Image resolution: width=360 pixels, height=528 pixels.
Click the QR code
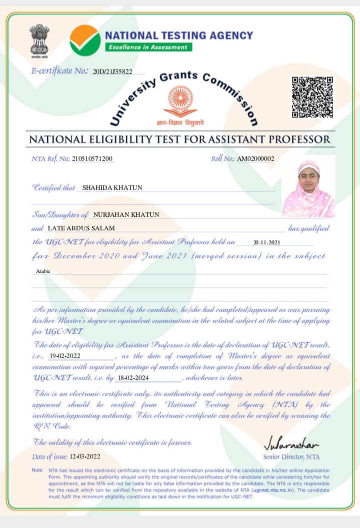[312, 97]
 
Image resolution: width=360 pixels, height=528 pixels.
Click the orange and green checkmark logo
[85, 40]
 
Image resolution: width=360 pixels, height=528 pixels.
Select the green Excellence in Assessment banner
[148, 47]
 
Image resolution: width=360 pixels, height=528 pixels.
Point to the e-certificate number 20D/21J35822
[112, 72]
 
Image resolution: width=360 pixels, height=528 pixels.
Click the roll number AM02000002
[255, 159]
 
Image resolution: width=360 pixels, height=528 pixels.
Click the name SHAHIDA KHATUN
[112, 188]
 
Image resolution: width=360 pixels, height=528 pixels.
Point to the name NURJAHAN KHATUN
[126, 215]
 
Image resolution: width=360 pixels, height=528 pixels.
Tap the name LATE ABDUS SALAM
[80, 228]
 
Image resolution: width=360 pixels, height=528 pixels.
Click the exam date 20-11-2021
[266, 242]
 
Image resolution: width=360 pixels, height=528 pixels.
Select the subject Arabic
[43, 271]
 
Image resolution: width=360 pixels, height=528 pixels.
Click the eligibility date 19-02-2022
[64, 356]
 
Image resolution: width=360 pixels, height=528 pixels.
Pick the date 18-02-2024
[133, 377]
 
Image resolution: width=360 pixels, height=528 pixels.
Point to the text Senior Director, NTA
[291, 456]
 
